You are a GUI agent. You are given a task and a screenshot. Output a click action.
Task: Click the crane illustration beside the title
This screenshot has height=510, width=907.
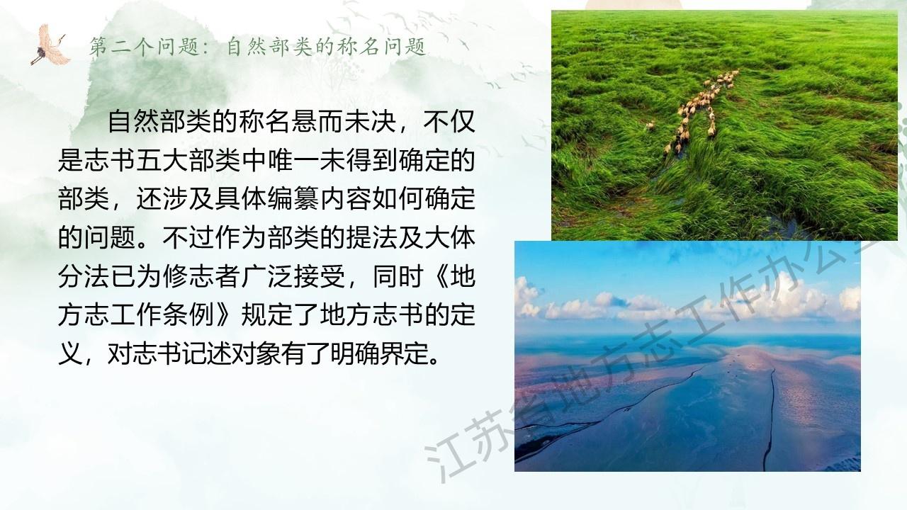pyautogui.click(x=50, y=45)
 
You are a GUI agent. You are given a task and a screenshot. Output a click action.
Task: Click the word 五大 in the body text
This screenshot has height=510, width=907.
pyautogui.click(x=163, y=160)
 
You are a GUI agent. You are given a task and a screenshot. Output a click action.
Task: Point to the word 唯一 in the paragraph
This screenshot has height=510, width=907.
pyautogui.click(x=291, y=160)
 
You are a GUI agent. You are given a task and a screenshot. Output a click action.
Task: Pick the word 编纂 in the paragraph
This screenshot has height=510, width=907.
pyautogui.click(x=291, y=198)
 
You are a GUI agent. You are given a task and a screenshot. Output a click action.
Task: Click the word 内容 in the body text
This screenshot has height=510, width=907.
pyautogui.click(x=344, y=198)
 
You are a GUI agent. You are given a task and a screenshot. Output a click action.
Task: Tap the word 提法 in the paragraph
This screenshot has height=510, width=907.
pyautogui.click(x=371, y=237)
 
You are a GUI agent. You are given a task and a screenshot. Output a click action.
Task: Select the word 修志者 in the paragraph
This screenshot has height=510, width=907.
pyautogui.click(x=202, y=276)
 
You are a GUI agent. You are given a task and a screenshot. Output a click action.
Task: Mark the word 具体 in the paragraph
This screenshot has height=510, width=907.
pyautogui.click(x=240, y=198)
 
